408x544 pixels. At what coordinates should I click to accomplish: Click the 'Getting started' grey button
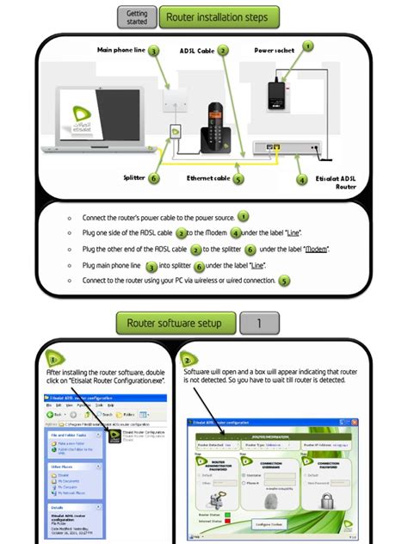(136, 16)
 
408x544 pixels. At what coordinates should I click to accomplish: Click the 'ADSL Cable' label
(196, 51)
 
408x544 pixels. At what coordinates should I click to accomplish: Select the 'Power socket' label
(275, 51)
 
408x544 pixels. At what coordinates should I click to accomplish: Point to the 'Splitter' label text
(133, 178)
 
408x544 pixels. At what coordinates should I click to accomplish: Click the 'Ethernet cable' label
(208, 178)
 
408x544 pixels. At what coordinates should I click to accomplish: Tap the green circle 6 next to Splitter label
(154, 178)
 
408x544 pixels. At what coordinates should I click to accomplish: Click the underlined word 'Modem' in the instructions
(318, 250)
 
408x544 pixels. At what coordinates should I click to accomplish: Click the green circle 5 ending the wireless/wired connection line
(285, 280)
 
